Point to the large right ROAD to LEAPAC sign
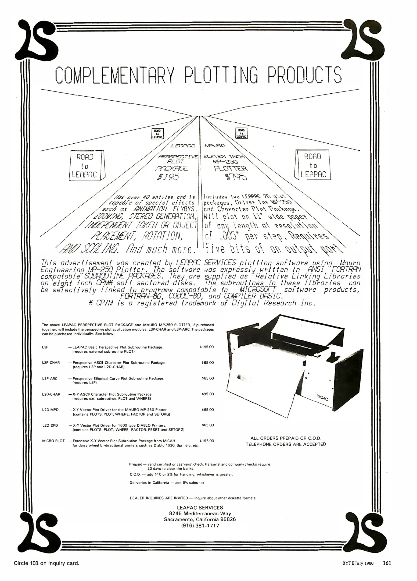click(313, 165)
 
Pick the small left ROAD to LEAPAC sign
click(157, 133)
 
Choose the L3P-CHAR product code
click(51, 363)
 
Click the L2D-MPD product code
click(50, 410)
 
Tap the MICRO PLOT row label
click(53, 441)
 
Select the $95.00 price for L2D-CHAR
click(208, 394)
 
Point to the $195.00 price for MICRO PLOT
click(207, 441)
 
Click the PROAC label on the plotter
click(322, 398)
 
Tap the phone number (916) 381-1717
click(200, 526)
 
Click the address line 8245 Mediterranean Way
click(200, 513)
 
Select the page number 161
click(387, 563)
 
